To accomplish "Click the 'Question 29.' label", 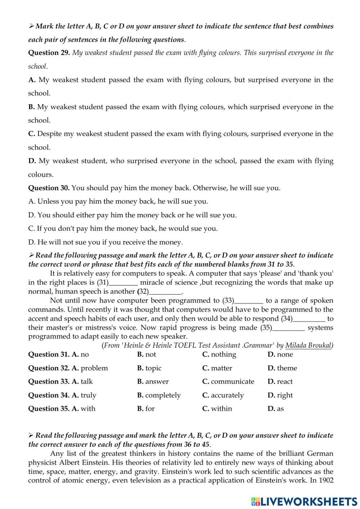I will coord(49,53).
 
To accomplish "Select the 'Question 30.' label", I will coord(49,188).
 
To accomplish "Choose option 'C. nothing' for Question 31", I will coord(219,354).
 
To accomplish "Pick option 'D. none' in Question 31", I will coord(280,354).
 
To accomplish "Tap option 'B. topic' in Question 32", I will coord(149,368).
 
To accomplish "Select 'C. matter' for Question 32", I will coord(217,368).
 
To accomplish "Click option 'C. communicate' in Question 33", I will coord(228,381).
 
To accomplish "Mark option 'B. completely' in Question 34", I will coord(159,395).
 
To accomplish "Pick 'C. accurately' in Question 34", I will coord(223,395).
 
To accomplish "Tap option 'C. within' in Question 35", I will coord(217,408).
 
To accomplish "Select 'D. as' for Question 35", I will coord(276,408).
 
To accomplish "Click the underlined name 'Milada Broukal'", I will coord(308,345).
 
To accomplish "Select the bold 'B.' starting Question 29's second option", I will coord(31,107).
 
